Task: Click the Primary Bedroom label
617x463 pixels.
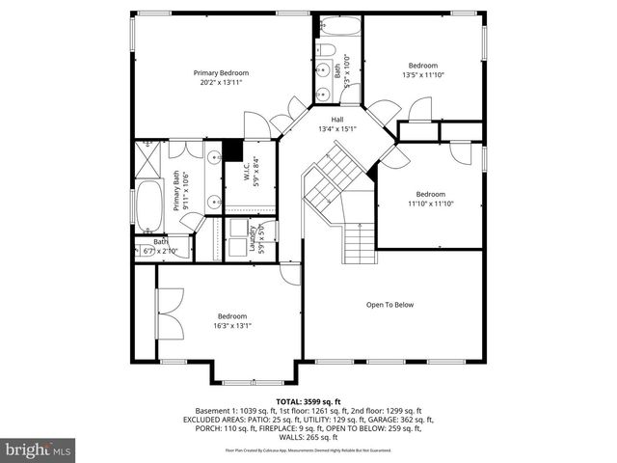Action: [221, 73]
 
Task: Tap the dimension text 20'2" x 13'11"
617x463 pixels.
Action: [221, 83]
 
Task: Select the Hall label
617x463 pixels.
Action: [337, 120]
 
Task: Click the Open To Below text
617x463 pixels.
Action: [389, 305]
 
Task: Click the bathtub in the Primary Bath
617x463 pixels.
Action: [149, 204]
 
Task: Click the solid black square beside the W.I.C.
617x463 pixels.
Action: [231, 150]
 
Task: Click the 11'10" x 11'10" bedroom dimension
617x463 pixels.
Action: [430, 204]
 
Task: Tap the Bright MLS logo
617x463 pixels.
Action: [39, 449]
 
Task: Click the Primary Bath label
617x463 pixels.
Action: [177, 190]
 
